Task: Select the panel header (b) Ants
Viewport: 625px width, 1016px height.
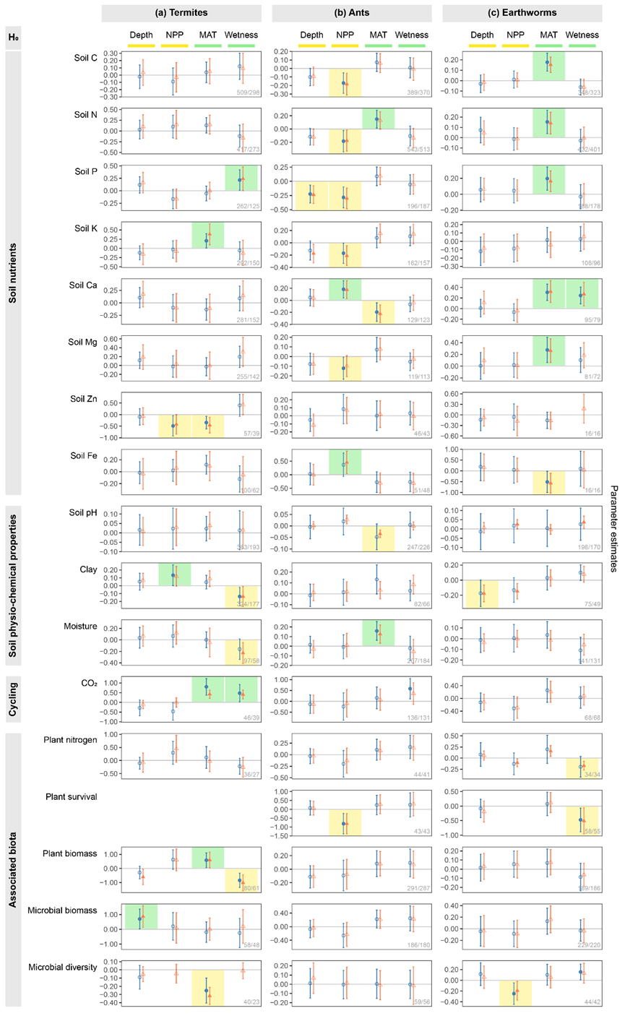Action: point(352,13)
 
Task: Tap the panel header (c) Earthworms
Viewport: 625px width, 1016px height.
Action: point(522,13)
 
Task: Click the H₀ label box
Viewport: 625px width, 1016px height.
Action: point(12,38)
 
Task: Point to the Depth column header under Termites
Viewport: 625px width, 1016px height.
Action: point(142,35)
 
